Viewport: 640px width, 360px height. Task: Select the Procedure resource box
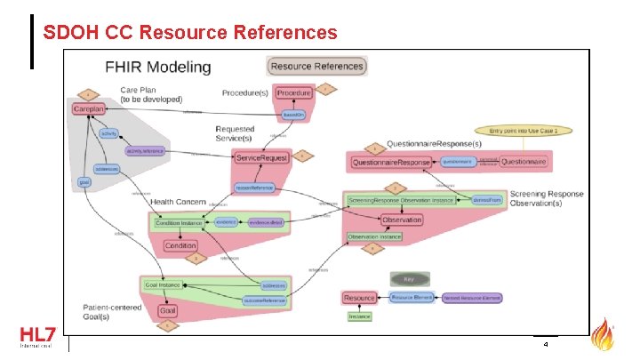(x=293, y=92)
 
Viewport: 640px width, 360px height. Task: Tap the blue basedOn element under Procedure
(x=293, y=115)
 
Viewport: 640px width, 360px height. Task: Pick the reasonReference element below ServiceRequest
(x=254, y=188)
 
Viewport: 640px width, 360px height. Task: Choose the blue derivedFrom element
(x=487, y=201)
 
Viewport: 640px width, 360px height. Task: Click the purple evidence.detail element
(x=266, y=223)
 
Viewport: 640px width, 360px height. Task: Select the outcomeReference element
(x=265, y=301)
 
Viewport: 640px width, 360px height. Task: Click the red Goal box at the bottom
(x=167, y=311)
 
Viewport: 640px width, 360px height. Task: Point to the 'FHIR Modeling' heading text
(x=158, y=67)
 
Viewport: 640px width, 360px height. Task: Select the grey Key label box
(x=410, y=278)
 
